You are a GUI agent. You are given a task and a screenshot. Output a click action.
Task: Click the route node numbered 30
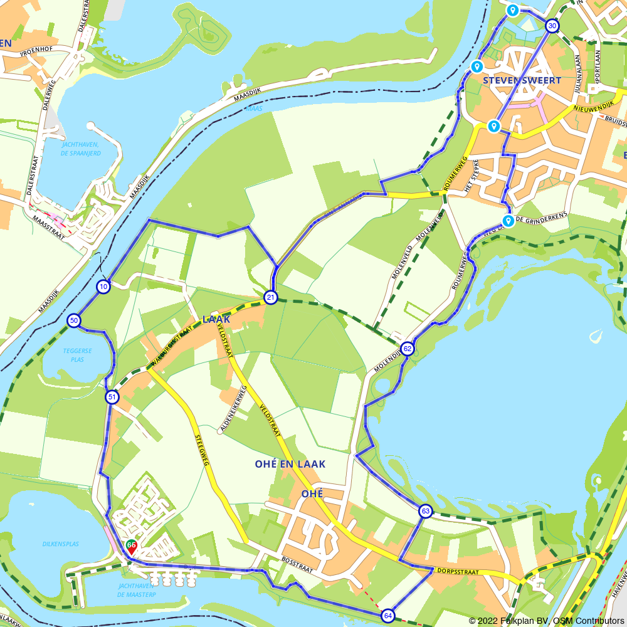552,26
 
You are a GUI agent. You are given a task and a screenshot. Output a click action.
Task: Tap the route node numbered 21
271,297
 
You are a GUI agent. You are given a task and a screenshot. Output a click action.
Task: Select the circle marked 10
103,287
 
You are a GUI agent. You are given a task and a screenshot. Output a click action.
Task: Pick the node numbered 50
74,320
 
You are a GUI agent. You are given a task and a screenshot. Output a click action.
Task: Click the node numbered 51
112,397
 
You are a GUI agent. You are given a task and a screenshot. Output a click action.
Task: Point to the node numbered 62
408,349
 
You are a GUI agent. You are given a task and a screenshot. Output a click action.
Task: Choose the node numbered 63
426,511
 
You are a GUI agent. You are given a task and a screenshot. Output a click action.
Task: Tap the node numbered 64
388,616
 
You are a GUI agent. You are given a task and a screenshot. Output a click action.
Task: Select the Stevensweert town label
522,81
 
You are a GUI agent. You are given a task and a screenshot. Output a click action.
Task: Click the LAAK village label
216,319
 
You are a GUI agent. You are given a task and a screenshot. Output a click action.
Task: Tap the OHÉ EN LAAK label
290,464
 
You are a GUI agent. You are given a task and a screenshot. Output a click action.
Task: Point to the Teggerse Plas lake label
77,356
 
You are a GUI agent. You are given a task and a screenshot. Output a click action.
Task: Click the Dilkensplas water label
61,544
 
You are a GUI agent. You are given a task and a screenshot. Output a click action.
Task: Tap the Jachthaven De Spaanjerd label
80,149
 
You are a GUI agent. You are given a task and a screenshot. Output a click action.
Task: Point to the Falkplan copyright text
546,621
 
